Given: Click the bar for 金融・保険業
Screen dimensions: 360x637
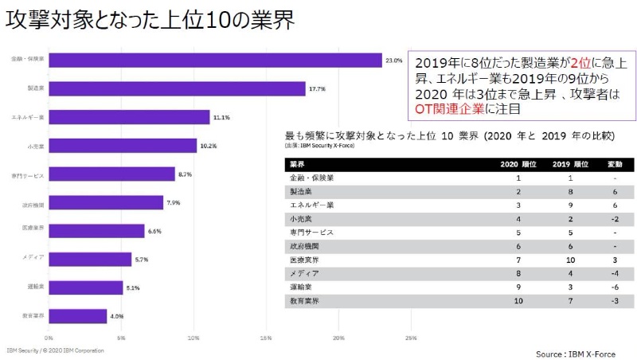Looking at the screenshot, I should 215,60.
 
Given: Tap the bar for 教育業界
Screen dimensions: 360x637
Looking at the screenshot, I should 78,316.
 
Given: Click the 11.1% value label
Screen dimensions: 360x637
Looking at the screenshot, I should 221,117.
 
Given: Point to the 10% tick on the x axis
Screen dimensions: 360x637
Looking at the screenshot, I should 193,337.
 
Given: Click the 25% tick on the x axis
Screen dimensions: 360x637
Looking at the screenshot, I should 411,337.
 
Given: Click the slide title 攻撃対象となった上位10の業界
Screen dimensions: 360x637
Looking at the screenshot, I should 150,22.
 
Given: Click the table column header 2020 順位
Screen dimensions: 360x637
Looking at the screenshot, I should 518,164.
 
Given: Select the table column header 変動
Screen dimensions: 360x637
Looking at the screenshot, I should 604,164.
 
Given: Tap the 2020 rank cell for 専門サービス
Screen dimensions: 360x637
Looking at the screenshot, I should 518,233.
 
